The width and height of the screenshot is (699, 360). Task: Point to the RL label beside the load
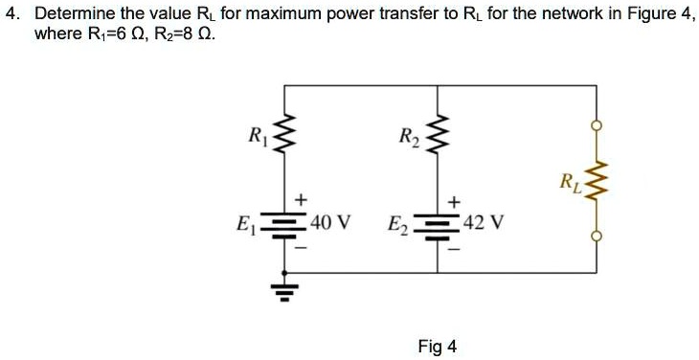pos(572,181)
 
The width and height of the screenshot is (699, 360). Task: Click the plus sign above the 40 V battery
pos(302,199)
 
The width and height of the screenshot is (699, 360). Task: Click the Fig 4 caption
pos(437,346)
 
